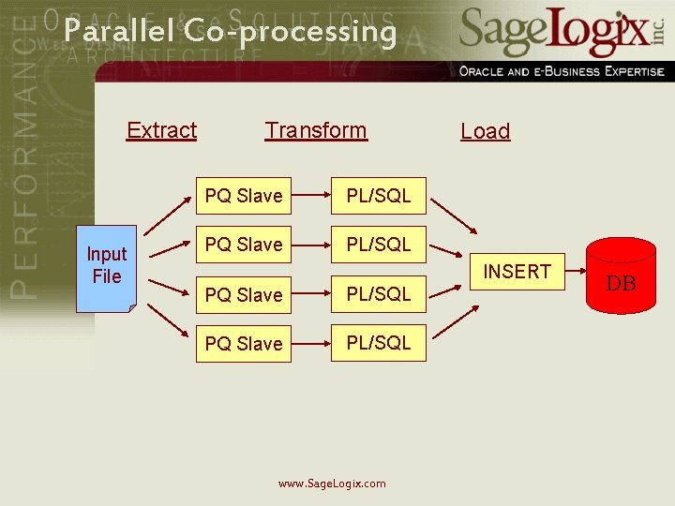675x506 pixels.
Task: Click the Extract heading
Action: pos(161,130)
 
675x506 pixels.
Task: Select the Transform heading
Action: pos(316,130)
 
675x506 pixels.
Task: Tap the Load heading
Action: pos(485,132)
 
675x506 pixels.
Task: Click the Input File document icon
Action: pos(107,266)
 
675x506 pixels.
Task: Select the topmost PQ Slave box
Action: pos(244,196)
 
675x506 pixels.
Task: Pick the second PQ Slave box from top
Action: pos(244,245)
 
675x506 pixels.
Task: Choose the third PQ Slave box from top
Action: pos(244,294)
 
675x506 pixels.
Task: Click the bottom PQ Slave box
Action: pos(244,343)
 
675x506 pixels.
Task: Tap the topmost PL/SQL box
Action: pos(379,196)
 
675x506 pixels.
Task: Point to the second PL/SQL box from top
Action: pos(379,245)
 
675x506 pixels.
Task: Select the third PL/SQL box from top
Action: pos(379,294)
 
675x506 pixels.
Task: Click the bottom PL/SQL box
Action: pos(379,343)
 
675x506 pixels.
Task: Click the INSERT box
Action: pos(517,273)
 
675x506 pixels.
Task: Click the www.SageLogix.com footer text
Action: pos(332,484)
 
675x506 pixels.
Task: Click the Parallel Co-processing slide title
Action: pos(231,32)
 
